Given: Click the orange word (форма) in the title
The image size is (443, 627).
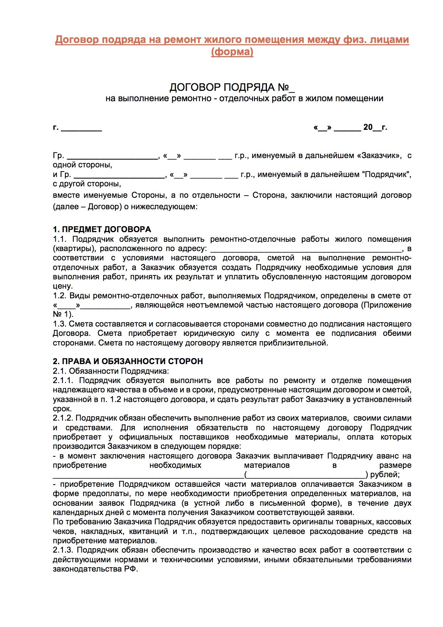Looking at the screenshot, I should click(x=232, y=52).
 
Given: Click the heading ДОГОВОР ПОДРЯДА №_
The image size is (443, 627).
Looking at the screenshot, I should click(x=232, y=88).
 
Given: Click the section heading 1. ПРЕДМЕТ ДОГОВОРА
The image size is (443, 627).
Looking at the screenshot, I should click(x=102, y=229).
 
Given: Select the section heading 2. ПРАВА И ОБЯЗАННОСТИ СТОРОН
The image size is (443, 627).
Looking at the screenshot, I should click(x=128, y=361).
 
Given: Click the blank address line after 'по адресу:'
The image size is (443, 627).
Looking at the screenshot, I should click(x=306, y=249).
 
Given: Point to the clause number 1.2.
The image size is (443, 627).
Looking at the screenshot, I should click(x=60, y=296).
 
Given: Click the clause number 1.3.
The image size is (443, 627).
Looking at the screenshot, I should click(x=60, y=324).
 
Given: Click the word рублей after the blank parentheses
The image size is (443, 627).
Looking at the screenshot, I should click(x=384, y=475).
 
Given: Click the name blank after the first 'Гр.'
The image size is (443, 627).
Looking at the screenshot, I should click(x=113, y=157).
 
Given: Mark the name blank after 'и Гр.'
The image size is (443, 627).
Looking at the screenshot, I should click(x=119, y=176).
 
